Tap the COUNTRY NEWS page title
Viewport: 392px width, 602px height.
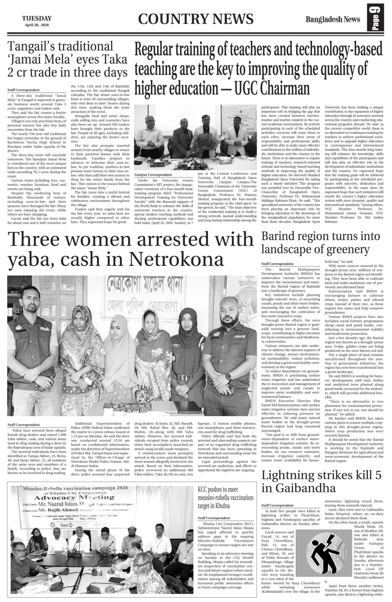tap(195, 19)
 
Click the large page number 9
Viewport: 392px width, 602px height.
tap(378, 20)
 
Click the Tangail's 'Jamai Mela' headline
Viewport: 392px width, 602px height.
tap(68, 59)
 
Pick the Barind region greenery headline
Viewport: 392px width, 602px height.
tap(321, 243)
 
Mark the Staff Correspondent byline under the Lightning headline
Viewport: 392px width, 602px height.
tap(278, 505)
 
